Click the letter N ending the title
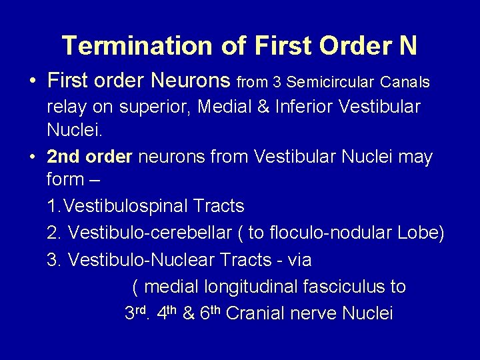[407, 45]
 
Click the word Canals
[406, 82]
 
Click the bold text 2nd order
[91, 157]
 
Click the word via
[297, 259]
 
